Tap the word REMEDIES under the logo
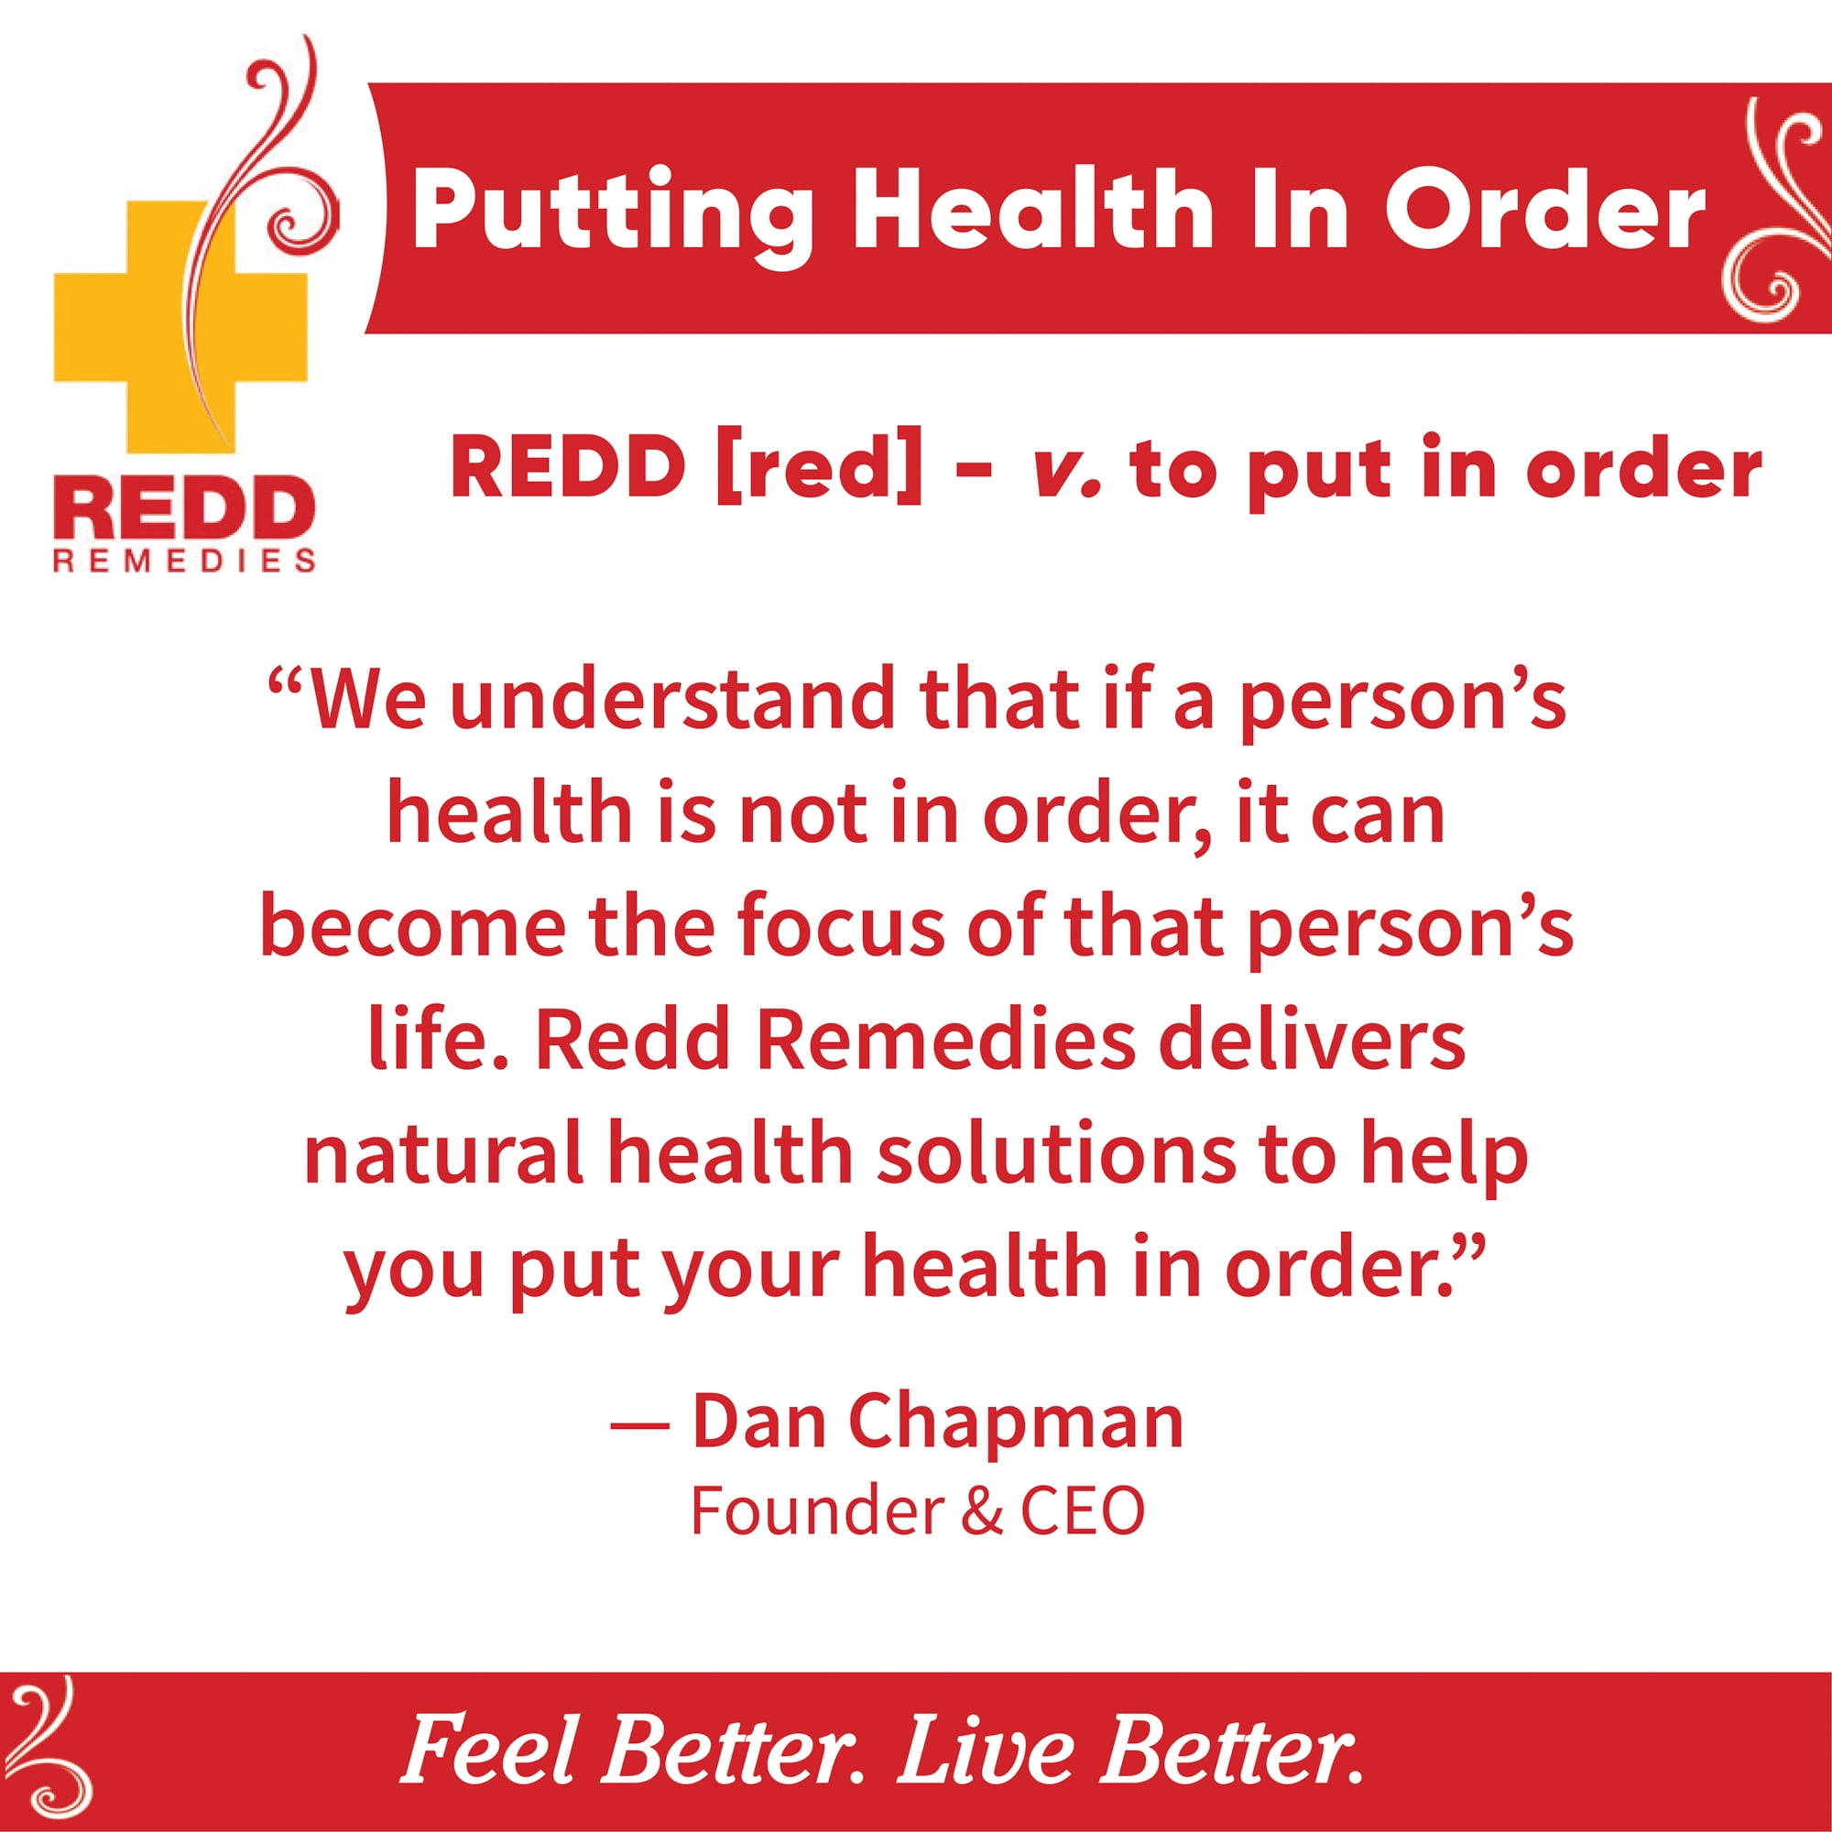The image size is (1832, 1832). (184, 562)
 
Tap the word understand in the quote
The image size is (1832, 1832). (673, 699)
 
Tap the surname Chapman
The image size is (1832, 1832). (1016, 1423)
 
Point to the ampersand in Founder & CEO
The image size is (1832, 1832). (981, 1510)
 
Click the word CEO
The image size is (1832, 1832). (1082, 1510)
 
